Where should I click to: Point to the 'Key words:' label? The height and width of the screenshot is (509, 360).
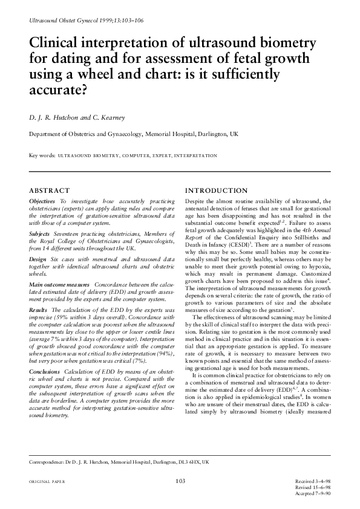[42, 156]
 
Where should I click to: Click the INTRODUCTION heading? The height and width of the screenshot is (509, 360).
[216, 190]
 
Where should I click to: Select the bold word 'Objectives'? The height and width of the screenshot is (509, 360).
[43, 200]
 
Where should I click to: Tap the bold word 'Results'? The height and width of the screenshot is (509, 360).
[39, 309]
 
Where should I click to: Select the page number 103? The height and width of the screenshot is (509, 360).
[180, 481]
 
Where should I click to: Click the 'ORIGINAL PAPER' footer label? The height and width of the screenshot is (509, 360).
[47, 481]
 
